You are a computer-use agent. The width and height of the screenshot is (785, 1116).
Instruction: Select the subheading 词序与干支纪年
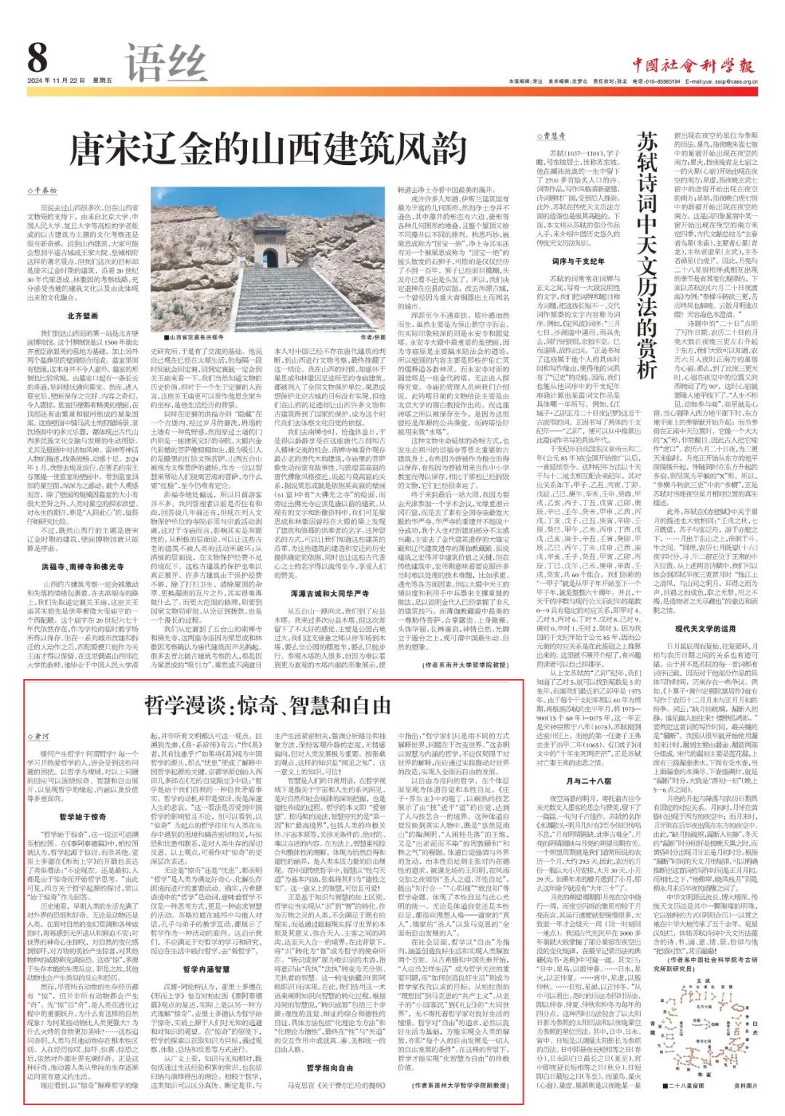(578, 262)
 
